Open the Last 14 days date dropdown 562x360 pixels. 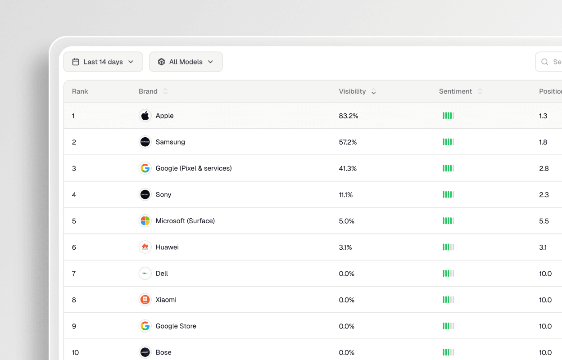coord(103,62)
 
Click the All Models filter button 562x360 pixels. coord(186,62)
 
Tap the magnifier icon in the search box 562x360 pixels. coord(544,62)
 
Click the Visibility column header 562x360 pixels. coord(352,91)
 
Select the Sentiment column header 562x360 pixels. coord(455,91)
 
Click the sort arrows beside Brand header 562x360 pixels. coord(165,91)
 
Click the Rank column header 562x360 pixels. coord(80,91)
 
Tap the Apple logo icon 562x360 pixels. coord(145,116)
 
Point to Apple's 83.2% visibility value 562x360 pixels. coord(349,116)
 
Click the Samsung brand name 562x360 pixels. coord(170,142)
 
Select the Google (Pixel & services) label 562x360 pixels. coord(194,168)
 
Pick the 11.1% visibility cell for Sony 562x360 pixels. coord(346,194)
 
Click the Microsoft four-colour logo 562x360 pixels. coord(145,221)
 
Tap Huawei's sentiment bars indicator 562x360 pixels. coord(448,247)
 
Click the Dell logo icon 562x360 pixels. coord(145,273)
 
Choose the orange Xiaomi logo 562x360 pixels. coord(145,300)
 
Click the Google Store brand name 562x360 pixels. coord(176,326)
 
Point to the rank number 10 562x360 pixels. coord(76,352)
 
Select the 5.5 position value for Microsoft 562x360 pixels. coord(544,221)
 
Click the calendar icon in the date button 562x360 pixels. coord(76,62)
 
